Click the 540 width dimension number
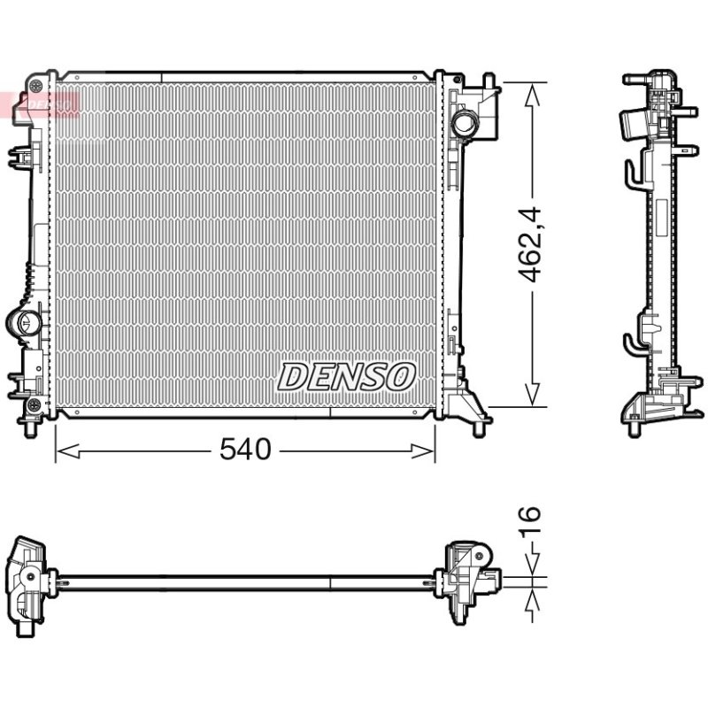pyautogui.click(x=245, y=450)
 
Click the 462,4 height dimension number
pyautogui.click(x=529, y=244)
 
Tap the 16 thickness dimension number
pyautogui.click(x=529, y=521)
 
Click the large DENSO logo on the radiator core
pyautogui.click(x=346, y=377)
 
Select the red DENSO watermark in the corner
pyautogui.click(x=40, y=104)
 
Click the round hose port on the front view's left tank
pyautogui.click(x=24, y=322)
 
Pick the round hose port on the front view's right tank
pyautogui.click(x=464, y=123)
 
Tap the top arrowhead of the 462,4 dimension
pyautogui.click(x=533, y=95)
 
